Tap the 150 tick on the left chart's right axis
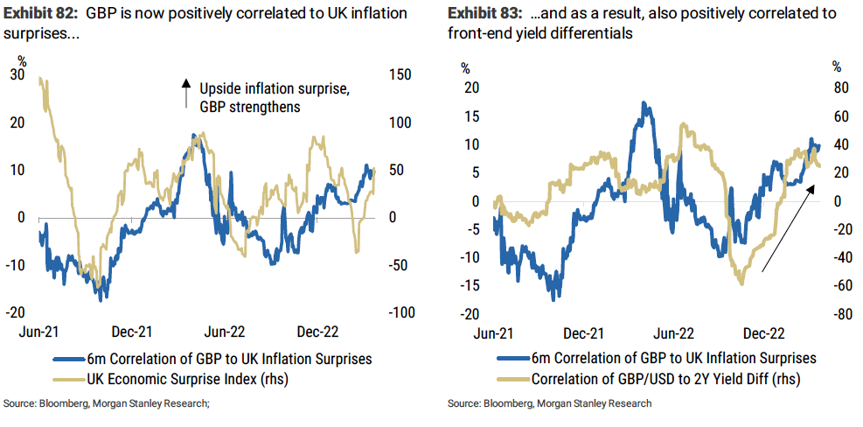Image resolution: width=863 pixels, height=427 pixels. point(400,76)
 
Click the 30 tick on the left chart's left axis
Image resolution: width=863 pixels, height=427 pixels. point(17,76)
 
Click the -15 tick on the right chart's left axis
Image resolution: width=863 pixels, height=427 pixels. point(473,286)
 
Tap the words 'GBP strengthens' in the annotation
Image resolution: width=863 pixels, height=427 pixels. point(249,108)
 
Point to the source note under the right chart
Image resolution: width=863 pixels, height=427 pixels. point(548,404)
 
